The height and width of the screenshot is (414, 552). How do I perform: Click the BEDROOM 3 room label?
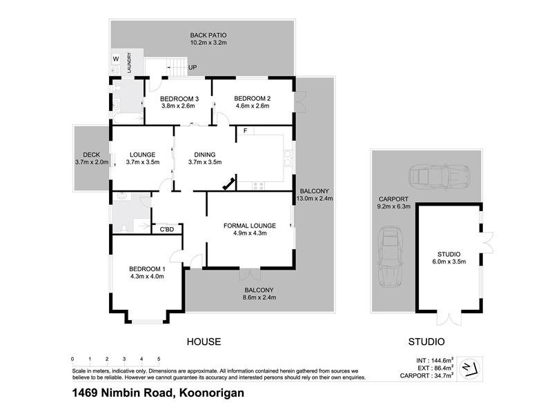click(x=178, y=98)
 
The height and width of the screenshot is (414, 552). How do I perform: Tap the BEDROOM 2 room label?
click(x=252, y=98)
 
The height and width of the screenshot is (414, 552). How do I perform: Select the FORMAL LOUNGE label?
click(x=249, y=226)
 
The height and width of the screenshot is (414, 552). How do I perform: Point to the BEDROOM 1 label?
click(x=147, y=269)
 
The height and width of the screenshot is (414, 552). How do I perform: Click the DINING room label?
click(x=204, y=155)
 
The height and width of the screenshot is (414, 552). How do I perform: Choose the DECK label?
click(x=92, y=155)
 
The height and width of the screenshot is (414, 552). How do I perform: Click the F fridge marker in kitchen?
click(x=244, y=130)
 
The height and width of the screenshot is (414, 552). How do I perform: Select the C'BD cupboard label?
click(x=166, y=229)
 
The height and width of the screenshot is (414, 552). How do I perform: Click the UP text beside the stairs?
click(x=192, y=68)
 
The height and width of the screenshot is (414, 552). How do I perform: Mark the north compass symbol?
click(x=469, y=366)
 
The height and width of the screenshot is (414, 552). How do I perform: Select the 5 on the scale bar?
click(x=159, y=359)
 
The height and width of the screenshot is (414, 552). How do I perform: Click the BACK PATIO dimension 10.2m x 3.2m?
click(x=208, y=43)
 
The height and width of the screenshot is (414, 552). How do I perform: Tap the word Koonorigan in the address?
click(x=211, y=394)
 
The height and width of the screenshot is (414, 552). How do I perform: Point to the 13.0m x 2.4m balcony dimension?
click(x=315, y=199)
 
